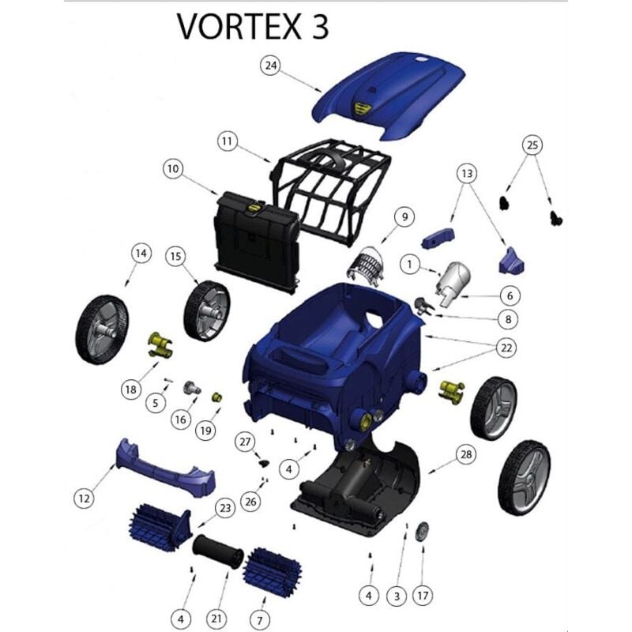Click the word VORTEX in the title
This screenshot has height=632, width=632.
pos(231,26)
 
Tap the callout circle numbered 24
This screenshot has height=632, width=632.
pos(272,66)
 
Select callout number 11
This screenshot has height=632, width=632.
pos(228,141)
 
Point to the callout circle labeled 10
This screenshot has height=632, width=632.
pos(174,168)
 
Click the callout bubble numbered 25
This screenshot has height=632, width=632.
pos(532,145)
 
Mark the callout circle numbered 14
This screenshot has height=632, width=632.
pos(141,254)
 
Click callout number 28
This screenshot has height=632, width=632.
pos(465,453)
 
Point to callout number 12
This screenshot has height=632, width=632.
pos(85,498)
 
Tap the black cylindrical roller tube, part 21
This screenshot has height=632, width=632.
pos(217,551)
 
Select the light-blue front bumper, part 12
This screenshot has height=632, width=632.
pos(165,465)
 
